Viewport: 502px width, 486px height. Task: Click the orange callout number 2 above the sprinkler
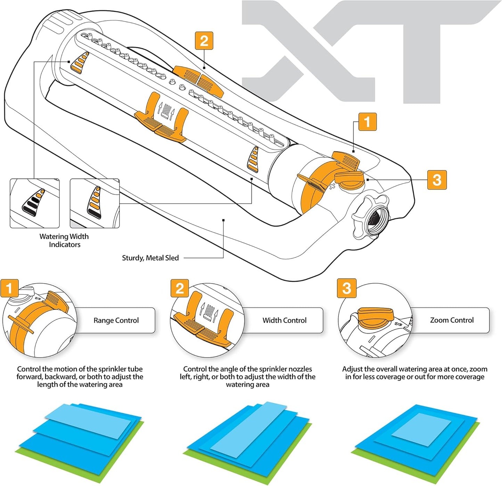(204, 41)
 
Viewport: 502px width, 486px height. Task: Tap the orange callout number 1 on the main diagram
(367, 122)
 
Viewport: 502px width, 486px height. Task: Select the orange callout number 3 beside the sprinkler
(437, 180)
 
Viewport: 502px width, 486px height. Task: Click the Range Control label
(116, 320)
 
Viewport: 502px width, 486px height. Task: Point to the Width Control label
(284, 320)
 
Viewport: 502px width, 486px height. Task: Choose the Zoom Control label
(452, 320)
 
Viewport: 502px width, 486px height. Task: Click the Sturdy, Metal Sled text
(150, 258)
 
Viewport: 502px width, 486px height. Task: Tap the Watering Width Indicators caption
(64, 240)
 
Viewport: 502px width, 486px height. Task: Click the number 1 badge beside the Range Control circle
(9, 288)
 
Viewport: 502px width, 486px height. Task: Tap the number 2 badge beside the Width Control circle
(180, 288)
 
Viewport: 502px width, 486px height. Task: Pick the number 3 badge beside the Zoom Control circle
(347, 288)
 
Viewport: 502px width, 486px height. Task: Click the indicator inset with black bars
(34, 203)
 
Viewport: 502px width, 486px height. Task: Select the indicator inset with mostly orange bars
(94, 203)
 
